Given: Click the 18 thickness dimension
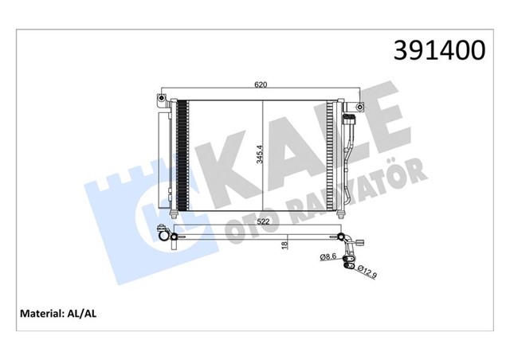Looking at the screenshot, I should coord(284,248).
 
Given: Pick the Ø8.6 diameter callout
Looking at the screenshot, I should coord(328,256).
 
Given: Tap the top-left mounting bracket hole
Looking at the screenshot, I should coord(160,100).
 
